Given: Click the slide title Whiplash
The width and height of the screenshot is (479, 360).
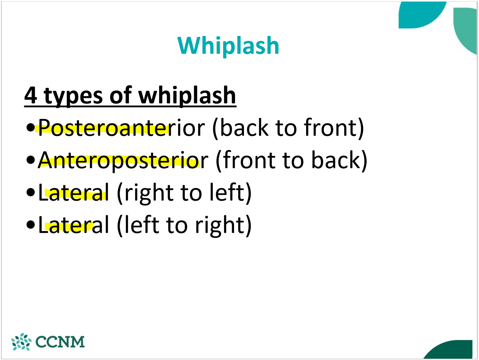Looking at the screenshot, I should point(228,46).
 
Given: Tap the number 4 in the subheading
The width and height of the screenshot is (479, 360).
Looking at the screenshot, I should point(31,96).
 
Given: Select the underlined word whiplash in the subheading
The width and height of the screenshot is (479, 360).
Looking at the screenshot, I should point(187,96).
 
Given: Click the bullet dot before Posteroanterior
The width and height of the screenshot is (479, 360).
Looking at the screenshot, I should point(30,128).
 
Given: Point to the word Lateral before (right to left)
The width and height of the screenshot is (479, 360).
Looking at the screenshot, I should point(73,193).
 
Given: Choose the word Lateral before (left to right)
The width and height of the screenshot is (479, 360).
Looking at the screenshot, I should point(73,225).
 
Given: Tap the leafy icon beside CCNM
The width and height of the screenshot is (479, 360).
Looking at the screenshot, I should point(21,342).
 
